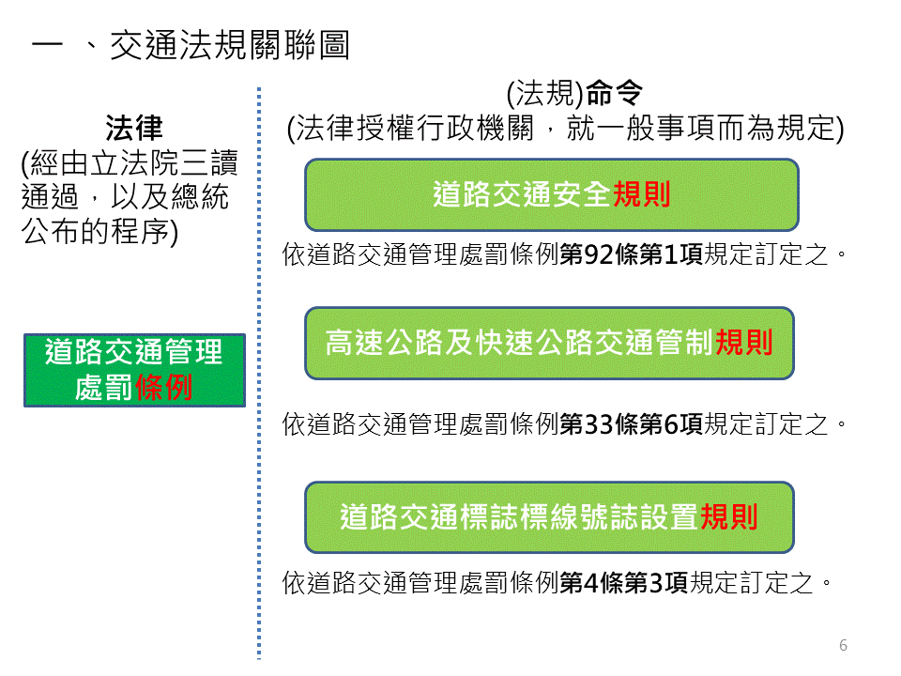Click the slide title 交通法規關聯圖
tap(229, 46)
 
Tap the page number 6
tap(843, 645)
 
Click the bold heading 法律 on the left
tap(134, 128)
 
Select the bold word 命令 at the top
tap(614, 94)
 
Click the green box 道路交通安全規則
tap(551, 194)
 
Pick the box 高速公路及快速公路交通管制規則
tap(549, 343)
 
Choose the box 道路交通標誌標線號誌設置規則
tap(549, 517)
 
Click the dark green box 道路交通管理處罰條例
tap(134, 370)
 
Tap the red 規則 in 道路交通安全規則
tap(641, 194)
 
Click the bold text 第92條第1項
tap(631, 254)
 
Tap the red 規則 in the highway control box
tap(743, 343)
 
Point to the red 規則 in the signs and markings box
tap(728, 517)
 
